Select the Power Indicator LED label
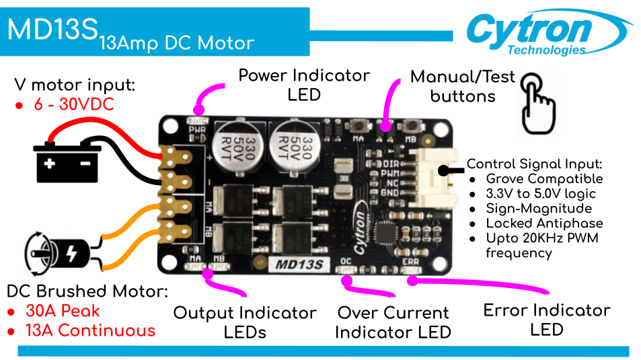(304, 84)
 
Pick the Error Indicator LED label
(546, 320)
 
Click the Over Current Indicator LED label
(393, 322)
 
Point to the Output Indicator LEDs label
(245, 322)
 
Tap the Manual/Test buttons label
(463, 86)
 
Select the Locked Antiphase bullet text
(544, 223)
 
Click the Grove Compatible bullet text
(544, 179)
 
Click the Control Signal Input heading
(534, 164)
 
